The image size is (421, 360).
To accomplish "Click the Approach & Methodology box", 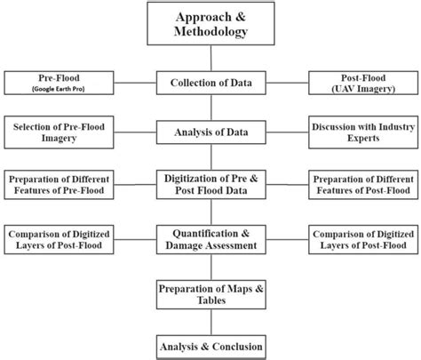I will [x=210, y=23].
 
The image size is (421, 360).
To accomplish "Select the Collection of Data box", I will [x=210, y=84].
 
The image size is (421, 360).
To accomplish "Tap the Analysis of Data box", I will [x=210, y=133].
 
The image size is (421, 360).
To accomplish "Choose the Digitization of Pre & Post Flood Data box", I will [x=210, y=184].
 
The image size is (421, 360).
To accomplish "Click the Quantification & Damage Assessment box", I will [x=210, y=239].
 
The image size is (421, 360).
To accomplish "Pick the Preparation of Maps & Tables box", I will [x=210, y=293].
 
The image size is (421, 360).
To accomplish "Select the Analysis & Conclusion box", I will [x=210, y=345].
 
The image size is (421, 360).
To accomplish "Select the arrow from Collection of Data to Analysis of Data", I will [x=210, y=108].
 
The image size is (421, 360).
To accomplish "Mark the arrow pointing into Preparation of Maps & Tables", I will [x=210, y=268].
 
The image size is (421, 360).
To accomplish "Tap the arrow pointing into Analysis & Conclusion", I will [x=210, y=321].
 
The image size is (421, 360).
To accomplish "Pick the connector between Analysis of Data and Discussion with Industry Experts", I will [x=287, y=133].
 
